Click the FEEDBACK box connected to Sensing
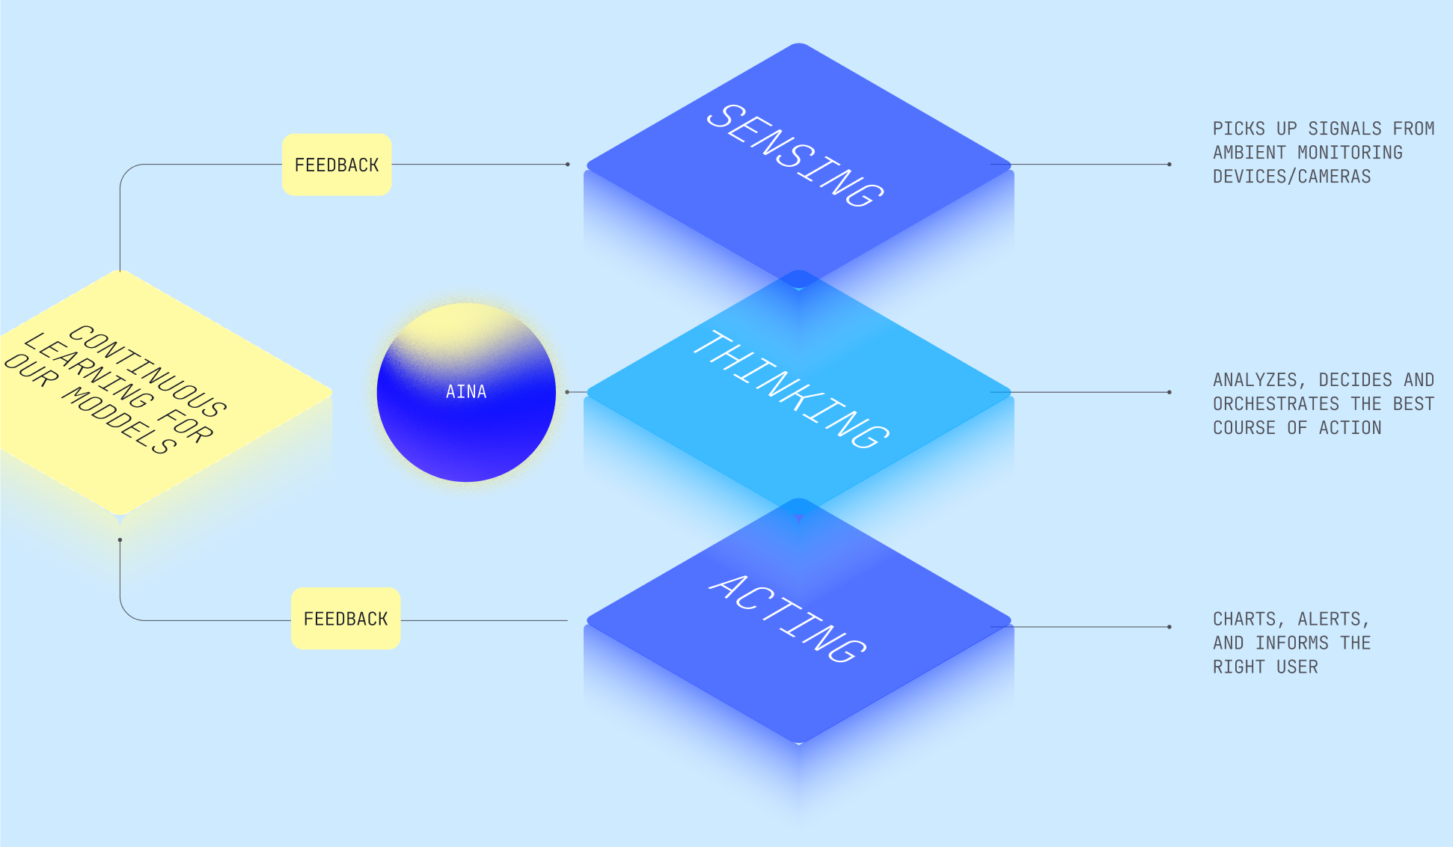pyautogui.click(x=337, y=165)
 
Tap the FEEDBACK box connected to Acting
pyautogui.click(x=346, y=619)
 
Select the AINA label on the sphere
pyautogui.click(x=466, y=391)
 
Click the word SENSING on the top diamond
pyautogui.click(x=795, y=155)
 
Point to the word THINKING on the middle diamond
pyautogui.click(x=792, y=389)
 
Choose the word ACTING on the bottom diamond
pyautogui.click(x=788, y=619)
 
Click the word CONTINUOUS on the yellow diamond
pyautogui.click(x=148, y=371)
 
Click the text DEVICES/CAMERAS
pyautogui.click(x=1291, y=177)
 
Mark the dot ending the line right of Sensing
pyautogui.click(x=1169, y=165)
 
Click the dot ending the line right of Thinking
pyautogui.click(x=1169, y=392)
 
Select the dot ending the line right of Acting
pyautogui.click(x=1169, y=627)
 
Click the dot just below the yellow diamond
pyautogui.click(x=120, y=539)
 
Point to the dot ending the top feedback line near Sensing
pyautogui.click(x=568, y=165)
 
